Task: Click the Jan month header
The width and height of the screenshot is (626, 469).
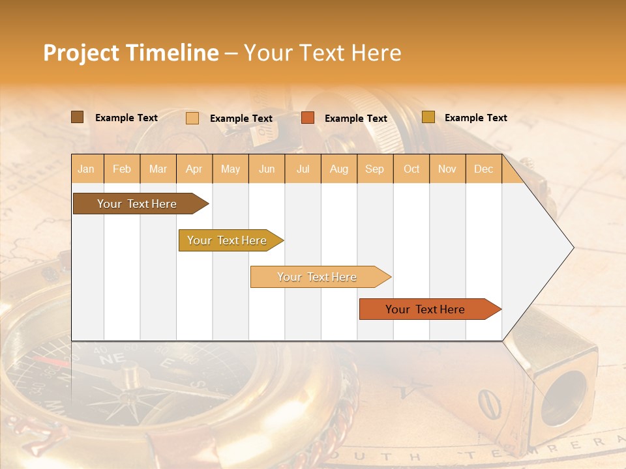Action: pos(86,169)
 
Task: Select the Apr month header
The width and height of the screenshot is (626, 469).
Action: pos(194,169)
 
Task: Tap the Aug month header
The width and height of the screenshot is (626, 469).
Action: pos(338,169)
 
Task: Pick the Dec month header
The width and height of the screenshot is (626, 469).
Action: pos(483,169)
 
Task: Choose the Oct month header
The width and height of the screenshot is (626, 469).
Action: pos(411,169)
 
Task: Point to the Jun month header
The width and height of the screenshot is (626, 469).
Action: pos(267,169)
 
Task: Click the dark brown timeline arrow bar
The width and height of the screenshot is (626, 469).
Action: pos(137,204)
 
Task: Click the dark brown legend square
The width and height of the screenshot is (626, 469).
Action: pos(77,117)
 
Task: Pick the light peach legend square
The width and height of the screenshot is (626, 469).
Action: pos(192,118)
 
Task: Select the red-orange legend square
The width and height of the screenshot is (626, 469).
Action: pos(308,118)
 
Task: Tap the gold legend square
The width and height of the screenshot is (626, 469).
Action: pos(428,117)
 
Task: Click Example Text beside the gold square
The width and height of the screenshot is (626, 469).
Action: pos(475,118)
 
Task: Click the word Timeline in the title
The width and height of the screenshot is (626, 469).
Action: pos(172,53)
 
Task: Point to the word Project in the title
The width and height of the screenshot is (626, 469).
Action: pos(80,53)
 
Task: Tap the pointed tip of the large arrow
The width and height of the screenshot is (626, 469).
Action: pos(571,248)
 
